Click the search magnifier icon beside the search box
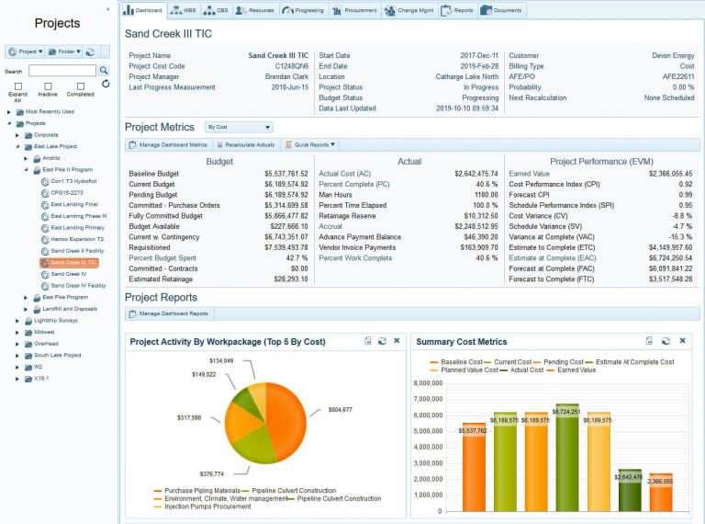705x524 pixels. pos(104,71)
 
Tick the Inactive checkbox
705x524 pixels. pos(47,85)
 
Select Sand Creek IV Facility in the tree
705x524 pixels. pos(78,285)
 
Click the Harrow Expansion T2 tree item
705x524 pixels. pos(76,238)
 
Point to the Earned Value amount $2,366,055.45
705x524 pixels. pos(670,173)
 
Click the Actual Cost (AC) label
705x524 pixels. pos(344,173)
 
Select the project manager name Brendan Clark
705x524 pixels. pos(286,76)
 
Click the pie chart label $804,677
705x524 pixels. pos(334,409)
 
